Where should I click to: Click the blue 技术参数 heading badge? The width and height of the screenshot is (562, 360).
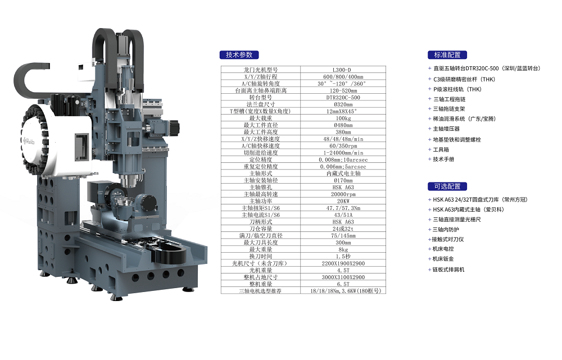(239, 55)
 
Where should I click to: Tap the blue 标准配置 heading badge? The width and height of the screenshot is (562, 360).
(447, 55)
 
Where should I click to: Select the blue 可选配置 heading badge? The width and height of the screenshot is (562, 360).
(447, 186)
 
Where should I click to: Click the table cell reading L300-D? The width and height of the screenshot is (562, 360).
(343, 70)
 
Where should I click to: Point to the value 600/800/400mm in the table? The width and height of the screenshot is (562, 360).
(343, 76)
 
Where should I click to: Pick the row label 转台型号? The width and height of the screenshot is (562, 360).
(261, 97)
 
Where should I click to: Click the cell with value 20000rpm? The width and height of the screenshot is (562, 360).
(343, 194)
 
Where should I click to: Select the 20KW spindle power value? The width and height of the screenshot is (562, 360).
(343, 201)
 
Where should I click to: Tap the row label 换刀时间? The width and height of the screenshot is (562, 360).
(261, 256)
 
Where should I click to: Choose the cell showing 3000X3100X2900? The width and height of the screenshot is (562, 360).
(343, 277)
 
